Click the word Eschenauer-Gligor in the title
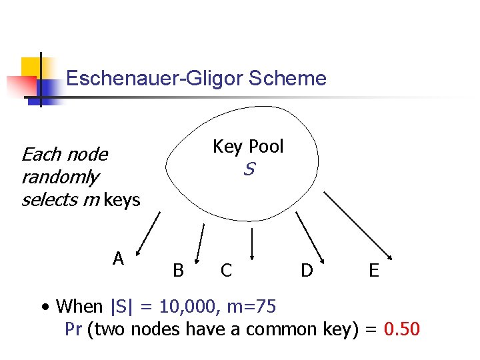coord(155,79)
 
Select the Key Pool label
coord(248,147)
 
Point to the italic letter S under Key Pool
coord(249,170)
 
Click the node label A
coord(119,259)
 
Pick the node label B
coord(178,270)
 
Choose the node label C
coord(227,270)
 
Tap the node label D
coord(307,270)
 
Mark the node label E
coord(374,270)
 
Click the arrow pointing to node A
coord(148,233)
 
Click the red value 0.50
coord(402,329)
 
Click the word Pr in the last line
coord(73,329)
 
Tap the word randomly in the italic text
coord(59,177)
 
